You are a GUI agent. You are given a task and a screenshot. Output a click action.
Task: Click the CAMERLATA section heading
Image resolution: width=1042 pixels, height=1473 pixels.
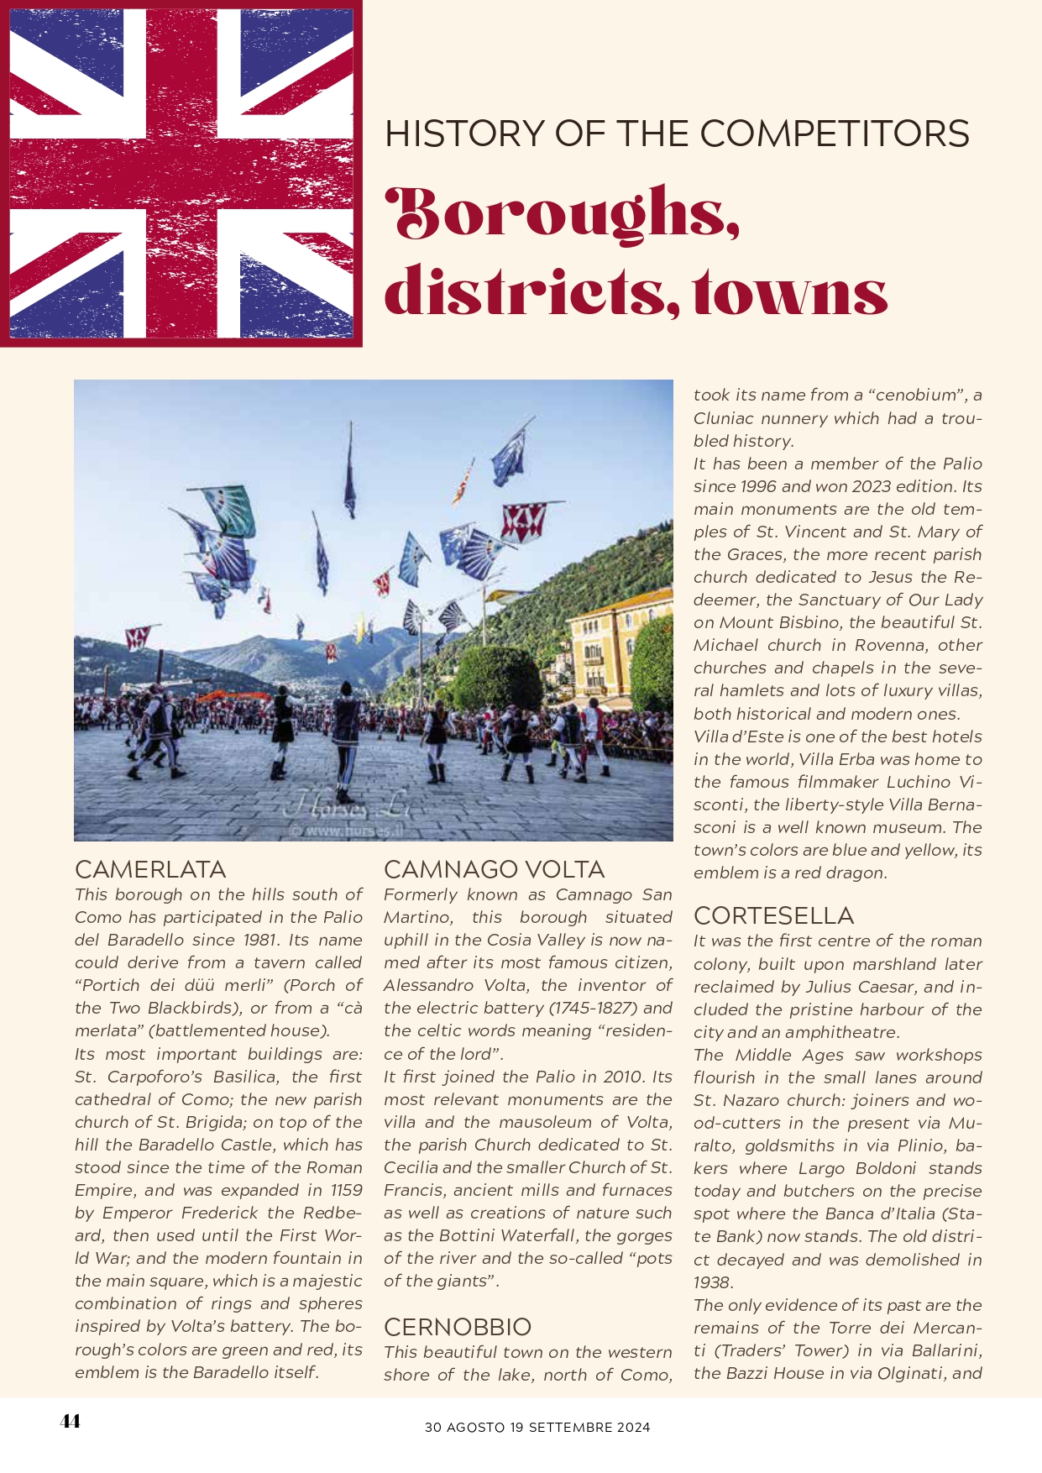150,869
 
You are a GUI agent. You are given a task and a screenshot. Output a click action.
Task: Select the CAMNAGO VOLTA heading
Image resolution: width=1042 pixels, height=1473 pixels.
494,869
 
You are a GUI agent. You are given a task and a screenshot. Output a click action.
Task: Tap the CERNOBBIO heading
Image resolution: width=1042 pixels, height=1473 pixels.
458,1327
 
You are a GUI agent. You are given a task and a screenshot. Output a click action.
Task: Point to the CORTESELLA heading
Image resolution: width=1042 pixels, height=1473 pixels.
773,915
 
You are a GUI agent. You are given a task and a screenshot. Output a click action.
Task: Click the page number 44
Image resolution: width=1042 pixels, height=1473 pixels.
71,1421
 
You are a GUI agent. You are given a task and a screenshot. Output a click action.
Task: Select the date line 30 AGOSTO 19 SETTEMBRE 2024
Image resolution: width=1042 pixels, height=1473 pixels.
537,1427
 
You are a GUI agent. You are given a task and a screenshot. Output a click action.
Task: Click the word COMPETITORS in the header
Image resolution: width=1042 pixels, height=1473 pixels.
835,134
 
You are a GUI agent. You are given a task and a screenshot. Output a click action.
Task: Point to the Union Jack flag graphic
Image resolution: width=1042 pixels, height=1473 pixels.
181,173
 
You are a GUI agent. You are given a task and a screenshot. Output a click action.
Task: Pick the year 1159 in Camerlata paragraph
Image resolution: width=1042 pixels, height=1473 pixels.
346,1190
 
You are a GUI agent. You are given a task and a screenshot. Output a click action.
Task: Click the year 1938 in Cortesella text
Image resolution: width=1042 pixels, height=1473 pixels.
713,1282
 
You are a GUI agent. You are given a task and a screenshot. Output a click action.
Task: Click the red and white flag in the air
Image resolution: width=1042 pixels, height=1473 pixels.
523,521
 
